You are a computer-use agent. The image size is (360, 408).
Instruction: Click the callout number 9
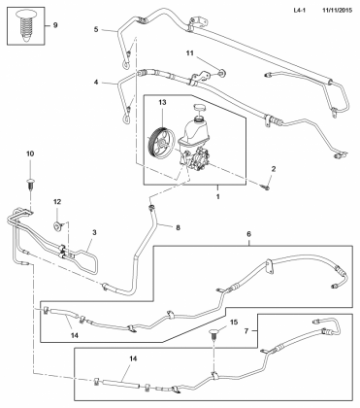(x=55, y=25)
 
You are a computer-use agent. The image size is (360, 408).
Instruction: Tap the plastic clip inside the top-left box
(x=25, y=25)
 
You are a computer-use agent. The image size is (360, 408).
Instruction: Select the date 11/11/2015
(x=337, y=11)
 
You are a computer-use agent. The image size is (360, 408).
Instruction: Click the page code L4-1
(x=300, y=11)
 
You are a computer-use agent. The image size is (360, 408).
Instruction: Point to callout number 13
(x=162, y=103)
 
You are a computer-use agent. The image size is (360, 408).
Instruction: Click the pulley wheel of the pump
(x=161, y=143)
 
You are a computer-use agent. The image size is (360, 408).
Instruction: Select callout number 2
(x=274, y=169)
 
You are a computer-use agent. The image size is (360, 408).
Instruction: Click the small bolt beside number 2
(x=266, y=187)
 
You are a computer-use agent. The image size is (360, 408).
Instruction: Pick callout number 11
(x=190, y=53)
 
